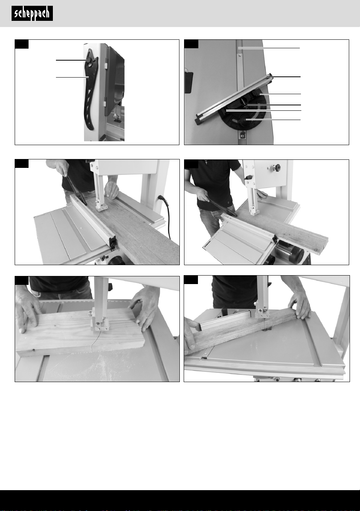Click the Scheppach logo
[32, 14]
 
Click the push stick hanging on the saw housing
[91, 90]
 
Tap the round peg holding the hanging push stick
[89, 60]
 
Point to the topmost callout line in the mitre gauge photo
[269, 48]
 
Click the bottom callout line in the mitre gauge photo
[273, 120]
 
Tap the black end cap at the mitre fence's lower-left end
[199, 119]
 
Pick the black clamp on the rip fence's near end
[113, 243]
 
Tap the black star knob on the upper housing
[277, 168]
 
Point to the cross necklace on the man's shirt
[206, 162]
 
